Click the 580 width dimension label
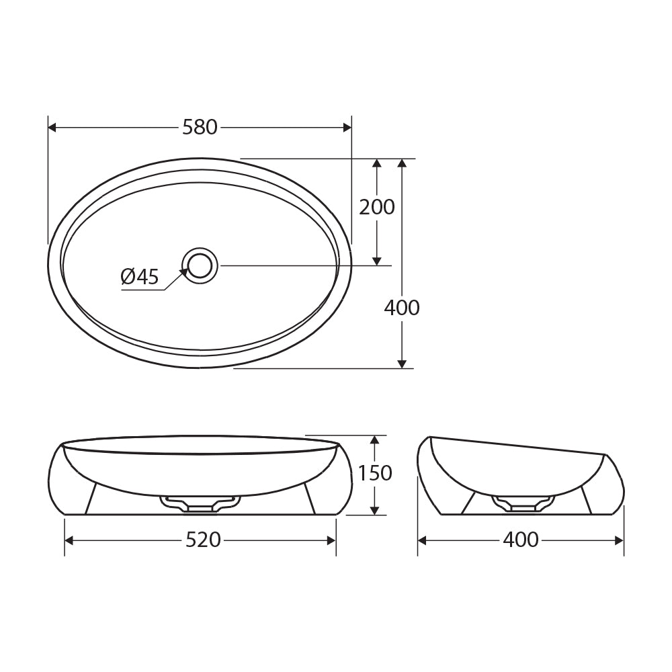pos(200,127)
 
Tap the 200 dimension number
pos(377,207)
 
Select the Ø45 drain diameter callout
pos(140,276)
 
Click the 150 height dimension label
pos(375,473)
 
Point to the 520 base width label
pos(203,540)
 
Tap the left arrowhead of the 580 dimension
pos(52,127)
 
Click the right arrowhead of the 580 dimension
pos(347,127)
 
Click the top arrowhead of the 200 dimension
pos(377,163)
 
